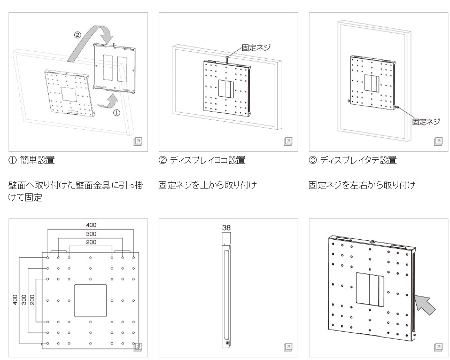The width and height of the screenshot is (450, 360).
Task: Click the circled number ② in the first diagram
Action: click(77, 35)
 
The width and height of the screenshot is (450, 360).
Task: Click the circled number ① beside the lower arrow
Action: click(117, 113)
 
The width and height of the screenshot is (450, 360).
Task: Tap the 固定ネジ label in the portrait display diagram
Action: click(426, 122)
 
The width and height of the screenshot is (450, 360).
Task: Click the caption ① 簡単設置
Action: click(32, 160)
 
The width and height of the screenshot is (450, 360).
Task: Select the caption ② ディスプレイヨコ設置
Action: click(202, 160)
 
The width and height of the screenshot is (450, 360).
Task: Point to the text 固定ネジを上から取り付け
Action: click(208, 186)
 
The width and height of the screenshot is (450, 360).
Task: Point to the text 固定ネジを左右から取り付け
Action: click(362, 186)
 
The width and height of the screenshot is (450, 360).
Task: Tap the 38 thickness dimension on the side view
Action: click(226, 228)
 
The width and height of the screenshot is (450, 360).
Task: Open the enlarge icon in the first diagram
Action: click(137, 142)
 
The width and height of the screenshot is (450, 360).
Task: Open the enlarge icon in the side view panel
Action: click(288, 347)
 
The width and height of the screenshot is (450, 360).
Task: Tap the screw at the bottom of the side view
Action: click(228, 343)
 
